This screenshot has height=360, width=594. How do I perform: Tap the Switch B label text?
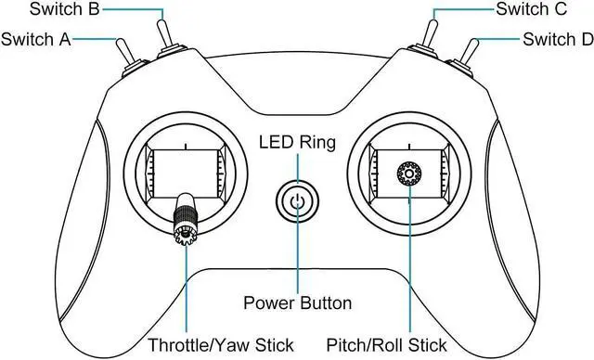(66, 10)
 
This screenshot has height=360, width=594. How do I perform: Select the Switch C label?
(532, 10)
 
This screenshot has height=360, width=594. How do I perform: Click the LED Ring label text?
(297, 143)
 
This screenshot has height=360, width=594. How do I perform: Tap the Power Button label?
(297, 303)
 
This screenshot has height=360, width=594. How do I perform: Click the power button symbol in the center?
(297, 201)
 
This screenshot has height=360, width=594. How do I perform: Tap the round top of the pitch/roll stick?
(408, 174)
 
